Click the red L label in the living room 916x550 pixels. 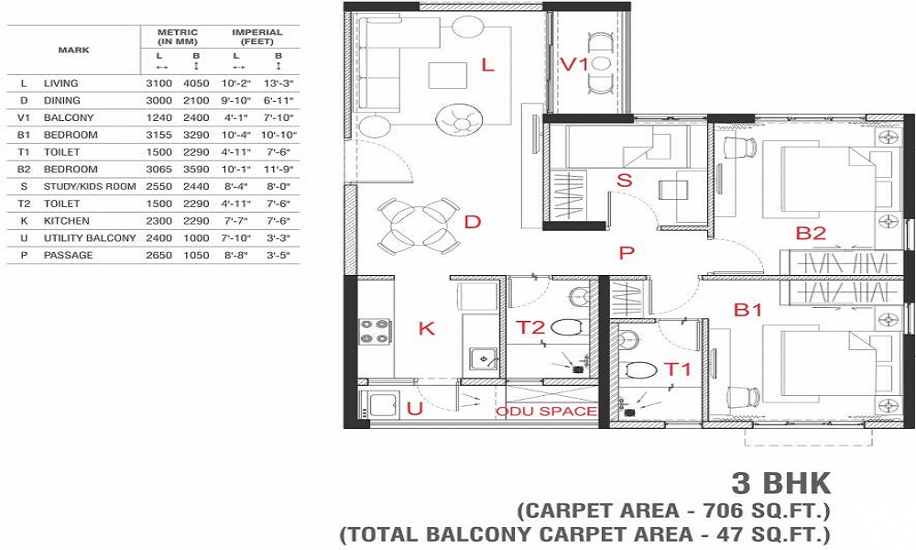tap(487, 65)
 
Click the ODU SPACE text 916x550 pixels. tap(546, 412)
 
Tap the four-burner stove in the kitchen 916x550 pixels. tap(375, 331)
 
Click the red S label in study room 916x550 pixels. tap(625, 181)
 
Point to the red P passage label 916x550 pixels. tap(627, 253)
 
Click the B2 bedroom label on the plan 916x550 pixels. tap(811, 234)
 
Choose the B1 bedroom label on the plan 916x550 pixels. tap(747, 310)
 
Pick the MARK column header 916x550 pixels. tap(73, 49)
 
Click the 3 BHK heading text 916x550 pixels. tap(780, 482)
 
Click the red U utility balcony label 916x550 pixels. tap(414, 409)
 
